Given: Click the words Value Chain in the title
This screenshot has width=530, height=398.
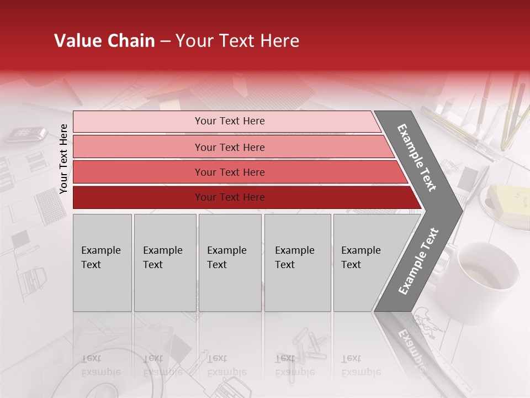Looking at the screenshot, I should coord(104,41).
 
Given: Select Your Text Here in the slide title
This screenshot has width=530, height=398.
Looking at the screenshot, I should coord(237,41).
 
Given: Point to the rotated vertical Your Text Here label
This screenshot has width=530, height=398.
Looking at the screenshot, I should coord(63,159).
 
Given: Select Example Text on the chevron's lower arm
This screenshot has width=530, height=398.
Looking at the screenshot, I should coord(418,261).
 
